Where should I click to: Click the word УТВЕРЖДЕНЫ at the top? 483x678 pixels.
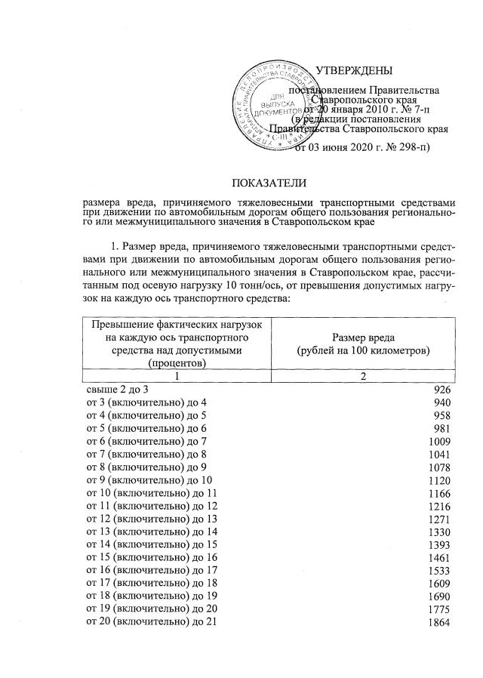[354, 72]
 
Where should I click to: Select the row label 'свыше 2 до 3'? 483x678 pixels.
[119, 389]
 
